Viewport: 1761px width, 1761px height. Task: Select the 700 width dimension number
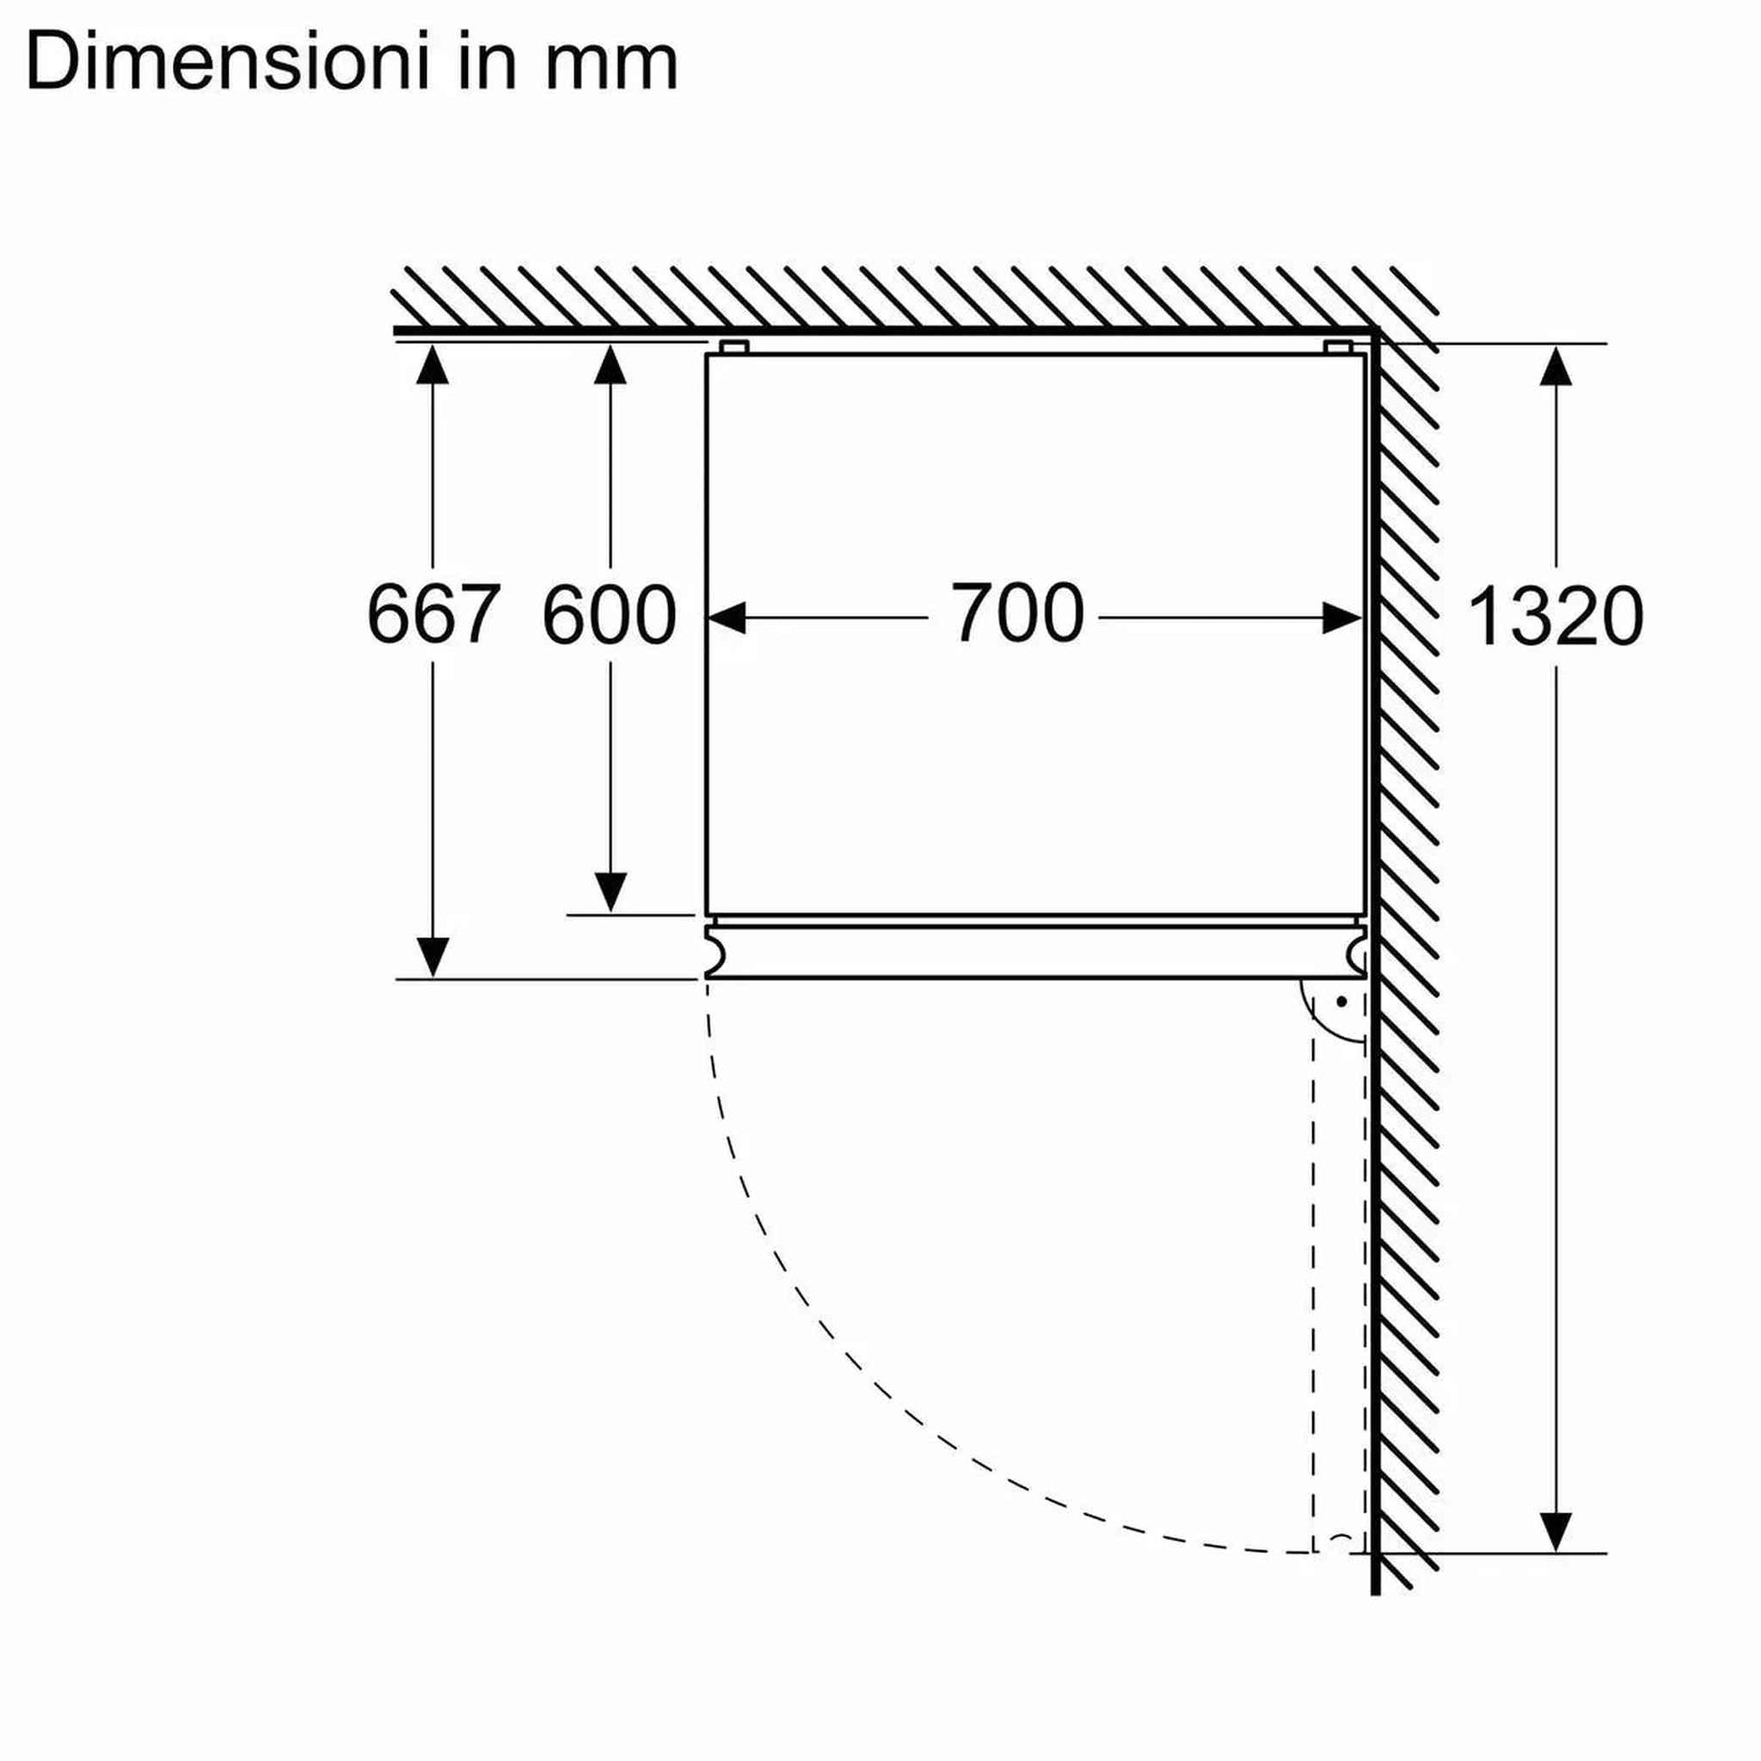click(x=1018, y=614)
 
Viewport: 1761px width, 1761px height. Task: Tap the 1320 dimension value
click(x=1555, y=617)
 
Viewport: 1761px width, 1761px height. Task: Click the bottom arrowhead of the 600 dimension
click(x=610, y=890)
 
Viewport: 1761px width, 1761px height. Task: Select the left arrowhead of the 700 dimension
click(x=728, y=617)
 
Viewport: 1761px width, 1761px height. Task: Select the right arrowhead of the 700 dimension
click(x=1342, y=617)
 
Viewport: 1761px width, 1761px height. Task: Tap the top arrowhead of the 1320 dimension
click(x=1555, y=366)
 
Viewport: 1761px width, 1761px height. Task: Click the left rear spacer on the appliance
click(x=734, y=347)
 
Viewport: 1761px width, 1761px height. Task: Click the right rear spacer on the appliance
click(x=1337, y=347)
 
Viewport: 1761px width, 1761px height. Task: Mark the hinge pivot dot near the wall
click(x=1342, y=1002)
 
